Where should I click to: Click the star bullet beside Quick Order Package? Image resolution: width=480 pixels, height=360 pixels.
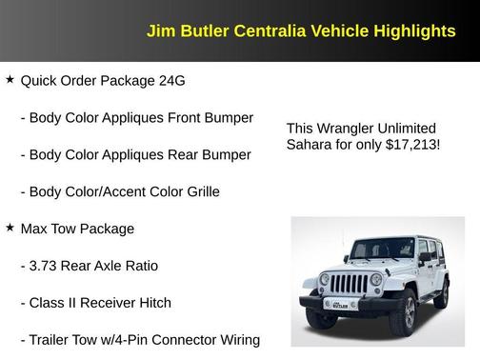click(x=10, y=80)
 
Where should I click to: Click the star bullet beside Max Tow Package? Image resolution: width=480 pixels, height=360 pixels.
click(x=10, y=228)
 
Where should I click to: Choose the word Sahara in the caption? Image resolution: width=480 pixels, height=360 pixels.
click(x=310, y=146)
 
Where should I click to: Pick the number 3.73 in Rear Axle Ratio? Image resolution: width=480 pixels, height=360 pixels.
click(x=44, y=266)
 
